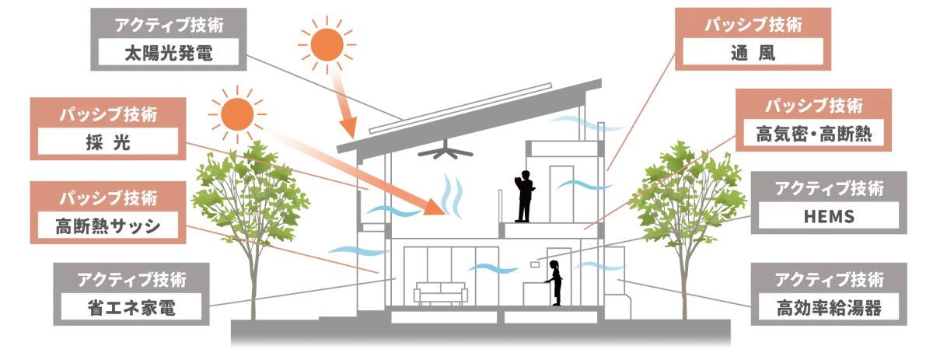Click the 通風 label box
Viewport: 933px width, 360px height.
tap(751, 54)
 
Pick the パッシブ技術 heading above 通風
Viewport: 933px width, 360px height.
tap(751, 24)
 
